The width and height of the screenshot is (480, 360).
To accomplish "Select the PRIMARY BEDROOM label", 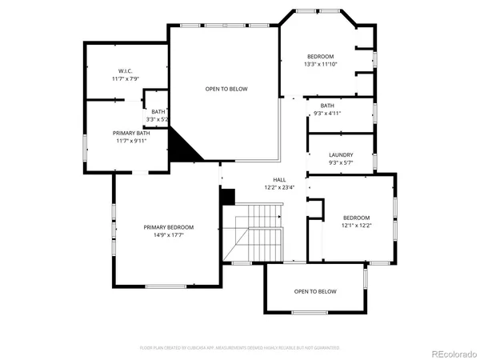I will tap(169, 227).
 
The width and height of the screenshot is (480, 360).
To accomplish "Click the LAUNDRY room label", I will tap(341, 155).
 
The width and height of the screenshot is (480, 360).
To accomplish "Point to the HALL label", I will tap(280, 180).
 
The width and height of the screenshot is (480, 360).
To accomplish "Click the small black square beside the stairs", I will tap(227, 195).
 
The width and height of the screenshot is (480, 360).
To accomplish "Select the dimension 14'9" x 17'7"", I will tap(169, 235).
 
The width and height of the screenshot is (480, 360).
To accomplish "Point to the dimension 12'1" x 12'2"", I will tap(357, 226).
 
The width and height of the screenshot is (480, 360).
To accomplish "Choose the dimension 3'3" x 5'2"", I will tap(154, 119).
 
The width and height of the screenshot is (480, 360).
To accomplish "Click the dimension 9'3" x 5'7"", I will tap(341, 163).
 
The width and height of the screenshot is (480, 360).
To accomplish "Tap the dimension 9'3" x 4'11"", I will tap(327, 114).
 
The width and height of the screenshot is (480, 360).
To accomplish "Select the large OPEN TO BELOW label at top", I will tap(226, 89).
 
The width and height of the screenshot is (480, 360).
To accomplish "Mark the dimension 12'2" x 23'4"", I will tap(280, 188).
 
